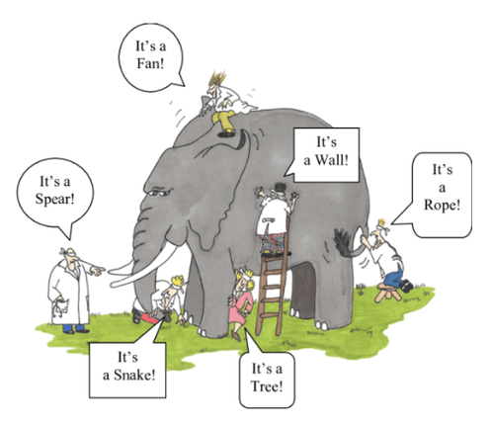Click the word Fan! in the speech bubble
coord(150,63)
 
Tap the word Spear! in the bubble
coord(55,199)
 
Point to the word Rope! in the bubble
coord(442,205)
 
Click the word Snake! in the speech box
coord(134,375)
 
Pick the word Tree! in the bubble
coord(267,386)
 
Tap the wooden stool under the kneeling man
coord(388,293)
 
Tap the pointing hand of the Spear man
coord(97,271)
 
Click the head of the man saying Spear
coord(70,256)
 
